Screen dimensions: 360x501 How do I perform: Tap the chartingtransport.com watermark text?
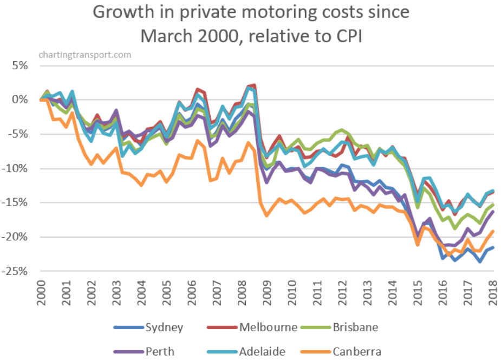(85, 55)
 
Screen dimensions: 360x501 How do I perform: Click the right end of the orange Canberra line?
(492, 232)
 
